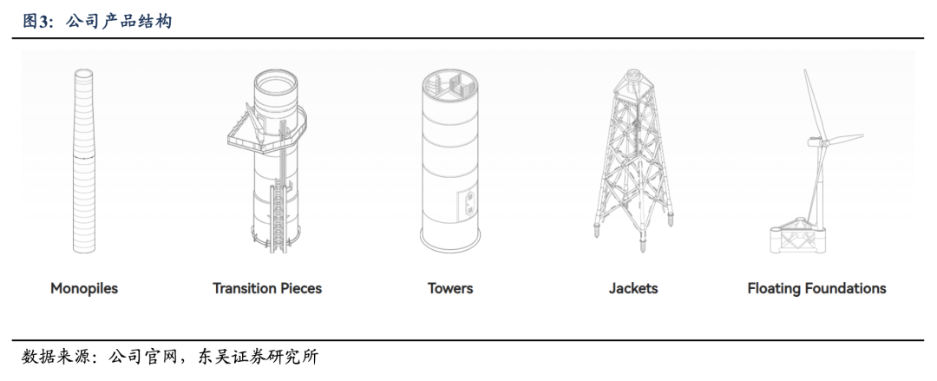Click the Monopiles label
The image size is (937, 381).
(83, 288)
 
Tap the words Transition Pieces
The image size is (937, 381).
(267, 288)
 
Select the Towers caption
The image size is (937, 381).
(450, 288)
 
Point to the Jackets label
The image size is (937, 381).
(633, 288)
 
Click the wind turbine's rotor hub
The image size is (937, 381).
(816, 140)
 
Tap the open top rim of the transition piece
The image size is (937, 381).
(275, 86)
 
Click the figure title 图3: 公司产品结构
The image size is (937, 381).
(96, 21)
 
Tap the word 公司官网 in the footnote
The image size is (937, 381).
(142, 358)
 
